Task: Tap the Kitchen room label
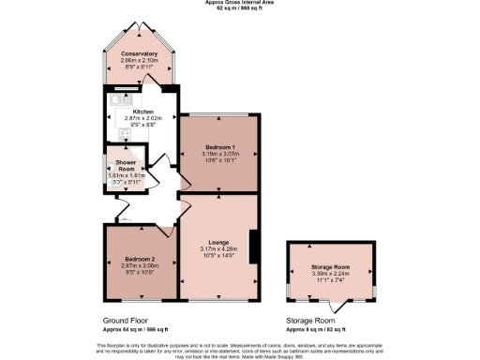pos(142,112)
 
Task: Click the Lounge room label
pos(217,241)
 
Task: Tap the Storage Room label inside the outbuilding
pos(329,266)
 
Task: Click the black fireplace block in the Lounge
pos(251,240)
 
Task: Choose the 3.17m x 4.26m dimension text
pos(217,247)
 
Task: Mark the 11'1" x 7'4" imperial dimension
pos(329,279)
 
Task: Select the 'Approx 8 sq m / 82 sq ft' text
pos(315,329)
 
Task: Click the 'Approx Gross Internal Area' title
pos(239,3)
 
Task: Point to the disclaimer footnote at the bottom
pos(239,349)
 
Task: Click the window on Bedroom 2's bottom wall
pos(137,300)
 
